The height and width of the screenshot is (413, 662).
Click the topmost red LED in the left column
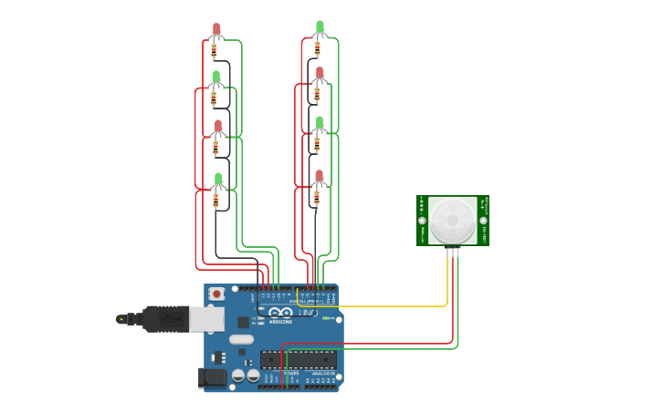pyautogui.click(x=216, y=30)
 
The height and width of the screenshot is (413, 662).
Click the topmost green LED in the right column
pyautogui.click(x=320, y=27)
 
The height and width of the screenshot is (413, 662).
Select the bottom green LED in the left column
pyautogui.click(x=217, y=180)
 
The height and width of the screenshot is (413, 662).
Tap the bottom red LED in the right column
pyautogui.click(x=320, y=176)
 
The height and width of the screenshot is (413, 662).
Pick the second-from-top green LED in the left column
pyautogui.click(x=216, y=78)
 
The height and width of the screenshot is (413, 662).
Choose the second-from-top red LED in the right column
pyautogui.click(x=320, y=73)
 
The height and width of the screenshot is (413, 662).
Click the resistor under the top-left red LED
pyautogui.click(x=215, y=51)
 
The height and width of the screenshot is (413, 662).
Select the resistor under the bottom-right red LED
pyautogui.click(x=317, y=196)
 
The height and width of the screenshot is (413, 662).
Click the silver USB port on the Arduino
pyautogui.click(x=205, y=319)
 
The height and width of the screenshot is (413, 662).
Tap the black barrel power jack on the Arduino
pyautogui.click(x=212, y=377)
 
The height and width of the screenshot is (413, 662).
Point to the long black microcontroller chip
pyautogui.click(x=298, y=359)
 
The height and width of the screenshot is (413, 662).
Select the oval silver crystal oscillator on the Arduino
pyautogui.click(x=241, y=339)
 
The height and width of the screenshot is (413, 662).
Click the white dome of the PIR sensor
pyautogui.click(x=453, y=220)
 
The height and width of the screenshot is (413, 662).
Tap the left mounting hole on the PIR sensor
pyautogui.click(x=423, y=221)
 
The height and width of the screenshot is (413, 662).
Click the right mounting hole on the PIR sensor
pyautogui.click(x=483, y=221)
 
